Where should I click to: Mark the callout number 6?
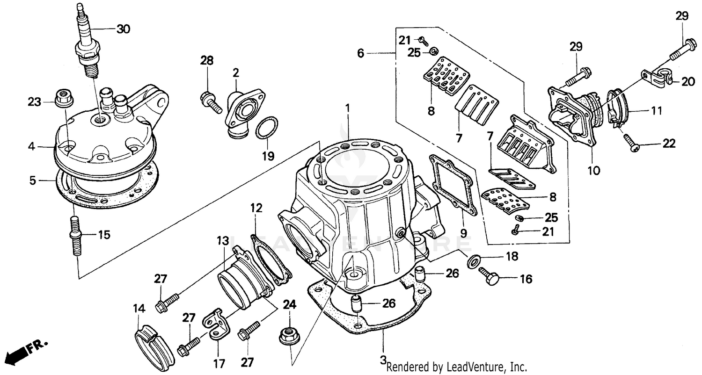[360, 53]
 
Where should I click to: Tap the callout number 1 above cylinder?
[348, 108]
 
